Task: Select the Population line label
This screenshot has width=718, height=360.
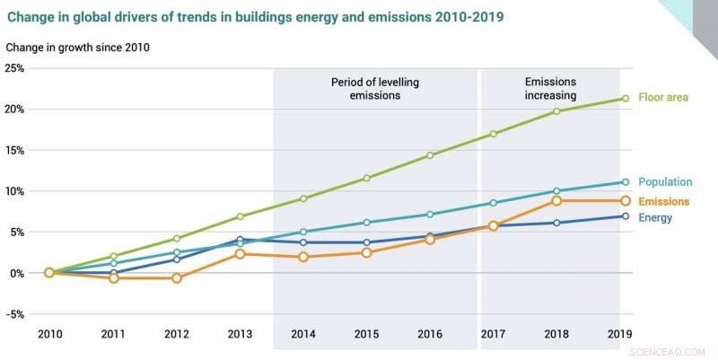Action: tap(661, 182)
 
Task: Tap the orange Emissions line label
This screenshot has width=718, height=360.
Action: tap(662, 201)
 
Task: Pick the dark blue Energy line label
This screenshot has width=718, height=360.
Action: tap(655, 217)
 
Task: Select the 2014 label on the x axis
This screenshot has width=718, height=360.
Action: tap(303, 335)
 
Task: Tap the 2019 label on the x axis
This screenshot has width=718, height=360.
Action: tap(619, 335)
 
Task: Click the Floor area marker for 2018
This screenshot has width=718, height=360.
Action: tap(556, 111)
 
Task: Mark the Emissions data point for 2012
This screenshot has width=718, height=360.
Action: tap(177, 278)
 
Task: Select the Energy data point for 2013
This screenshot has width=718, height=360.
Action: tap(241, 240)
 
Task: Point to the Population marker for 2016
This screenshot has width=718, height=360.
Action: tap(430, 215)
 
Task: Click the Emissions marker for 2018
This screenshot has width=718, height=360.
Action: tap(556, 201)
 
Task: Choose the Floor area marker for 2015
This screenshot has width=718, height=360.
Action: tap(366, 178)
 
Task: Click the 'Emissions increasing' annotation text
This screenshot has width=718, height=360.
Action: tap(550, 88)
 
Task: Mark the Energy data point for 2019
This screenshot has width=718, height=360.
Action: tap(619, 216)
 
